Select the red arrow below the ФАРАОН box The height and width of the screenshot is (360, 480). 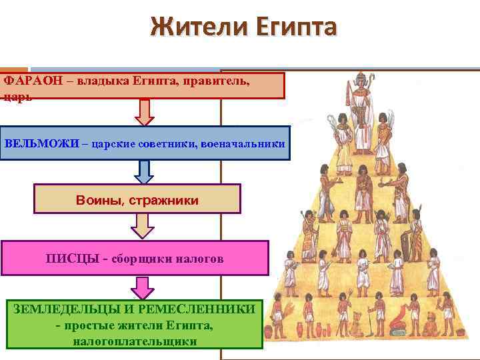144,111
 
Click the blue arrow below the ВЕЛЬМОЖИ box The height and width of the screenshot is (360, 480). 143,172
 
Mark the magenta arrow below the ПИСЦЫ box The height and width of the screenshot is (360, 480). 142,287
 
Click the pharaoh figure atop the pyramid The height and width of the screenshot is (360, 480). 364,113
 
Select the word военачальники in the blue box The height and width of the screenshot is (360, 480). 245,144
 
